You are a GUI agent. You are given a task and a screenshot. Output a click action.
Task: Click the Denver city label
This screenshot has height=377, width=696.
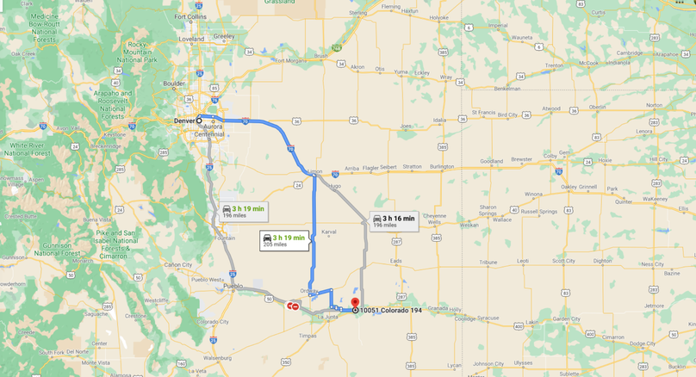tap(183, 121)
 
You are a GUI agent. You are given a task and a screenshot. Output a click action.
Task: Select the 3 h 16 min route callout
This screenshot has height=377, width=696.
tap(395, 221)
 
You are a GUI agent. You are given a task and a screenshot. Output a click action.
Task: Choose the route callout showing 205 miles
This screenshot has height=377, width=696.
tap(284, 240)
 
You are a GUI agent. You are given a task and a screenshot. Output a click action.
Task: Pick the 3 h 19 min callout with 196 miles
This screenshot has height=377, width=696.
tap(244, 212)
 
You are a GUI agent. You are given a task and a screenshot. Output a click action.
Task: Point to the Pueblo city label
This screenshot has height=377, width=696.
tap(233, 286)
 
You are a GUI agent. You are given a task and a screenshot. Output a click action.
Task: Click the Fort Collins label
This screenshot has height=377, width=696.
tap(190, 16)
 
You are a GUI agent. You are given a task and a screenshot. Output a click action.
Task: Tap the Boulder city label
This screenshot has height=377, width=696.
tap(175, 83)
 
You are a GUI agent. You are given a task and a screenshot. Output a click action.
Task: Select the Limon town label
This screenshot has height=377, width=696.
tap(314, 172)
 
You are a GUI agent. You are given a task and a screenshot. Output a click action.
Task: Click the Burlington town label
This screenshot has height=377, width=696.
tap(441, 166)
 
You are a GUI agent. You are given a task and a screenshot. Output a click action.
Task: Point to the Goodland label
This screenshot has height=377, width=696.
tap(492, 161)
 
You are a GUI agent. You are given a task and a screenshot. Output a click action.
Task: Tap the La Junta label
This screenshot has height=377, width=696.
tap(328, 318)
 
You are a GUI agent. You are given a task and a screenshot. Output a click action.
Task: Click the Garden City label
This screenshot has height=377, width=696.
tap(566, 318)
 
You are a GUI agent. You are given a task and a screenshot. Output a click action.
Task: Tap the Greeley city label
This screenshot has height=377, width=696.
tap(224, 36)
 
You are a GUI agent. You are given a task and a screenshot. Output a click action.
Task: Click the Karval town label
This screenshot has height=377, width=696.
tap(328, 232)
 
